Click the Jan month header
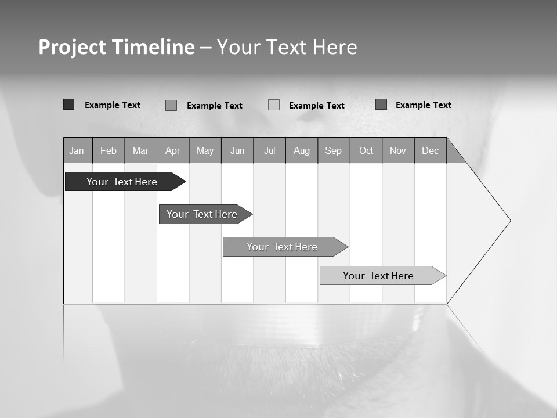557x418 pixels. tap(77, 151)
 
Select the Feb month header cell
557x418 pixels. tap(108, 151)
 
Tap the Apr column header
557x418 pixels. tap(173, 151)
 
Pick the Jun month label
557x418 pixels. tap(237, 151)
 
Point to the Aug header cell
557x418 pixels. tap(302, 151)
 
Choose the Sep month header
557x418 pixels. tap(334, 151)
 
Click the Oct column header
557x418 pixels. tap(366, 151)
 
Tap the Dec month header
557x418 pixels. tap(431, 151)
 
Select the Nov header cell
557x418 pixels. tap(398, 151)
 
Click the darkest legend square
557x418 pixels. tap(69, 105)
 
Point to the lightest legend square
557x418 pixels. tap(274, 105)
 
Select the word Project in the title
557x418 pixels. tap(72, 47)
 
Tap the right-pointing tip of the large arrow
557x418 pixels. tap(509, 221)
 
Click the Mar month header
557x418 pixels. tap(141, 151)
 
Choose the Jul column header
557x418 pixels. tap(270, 151)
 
